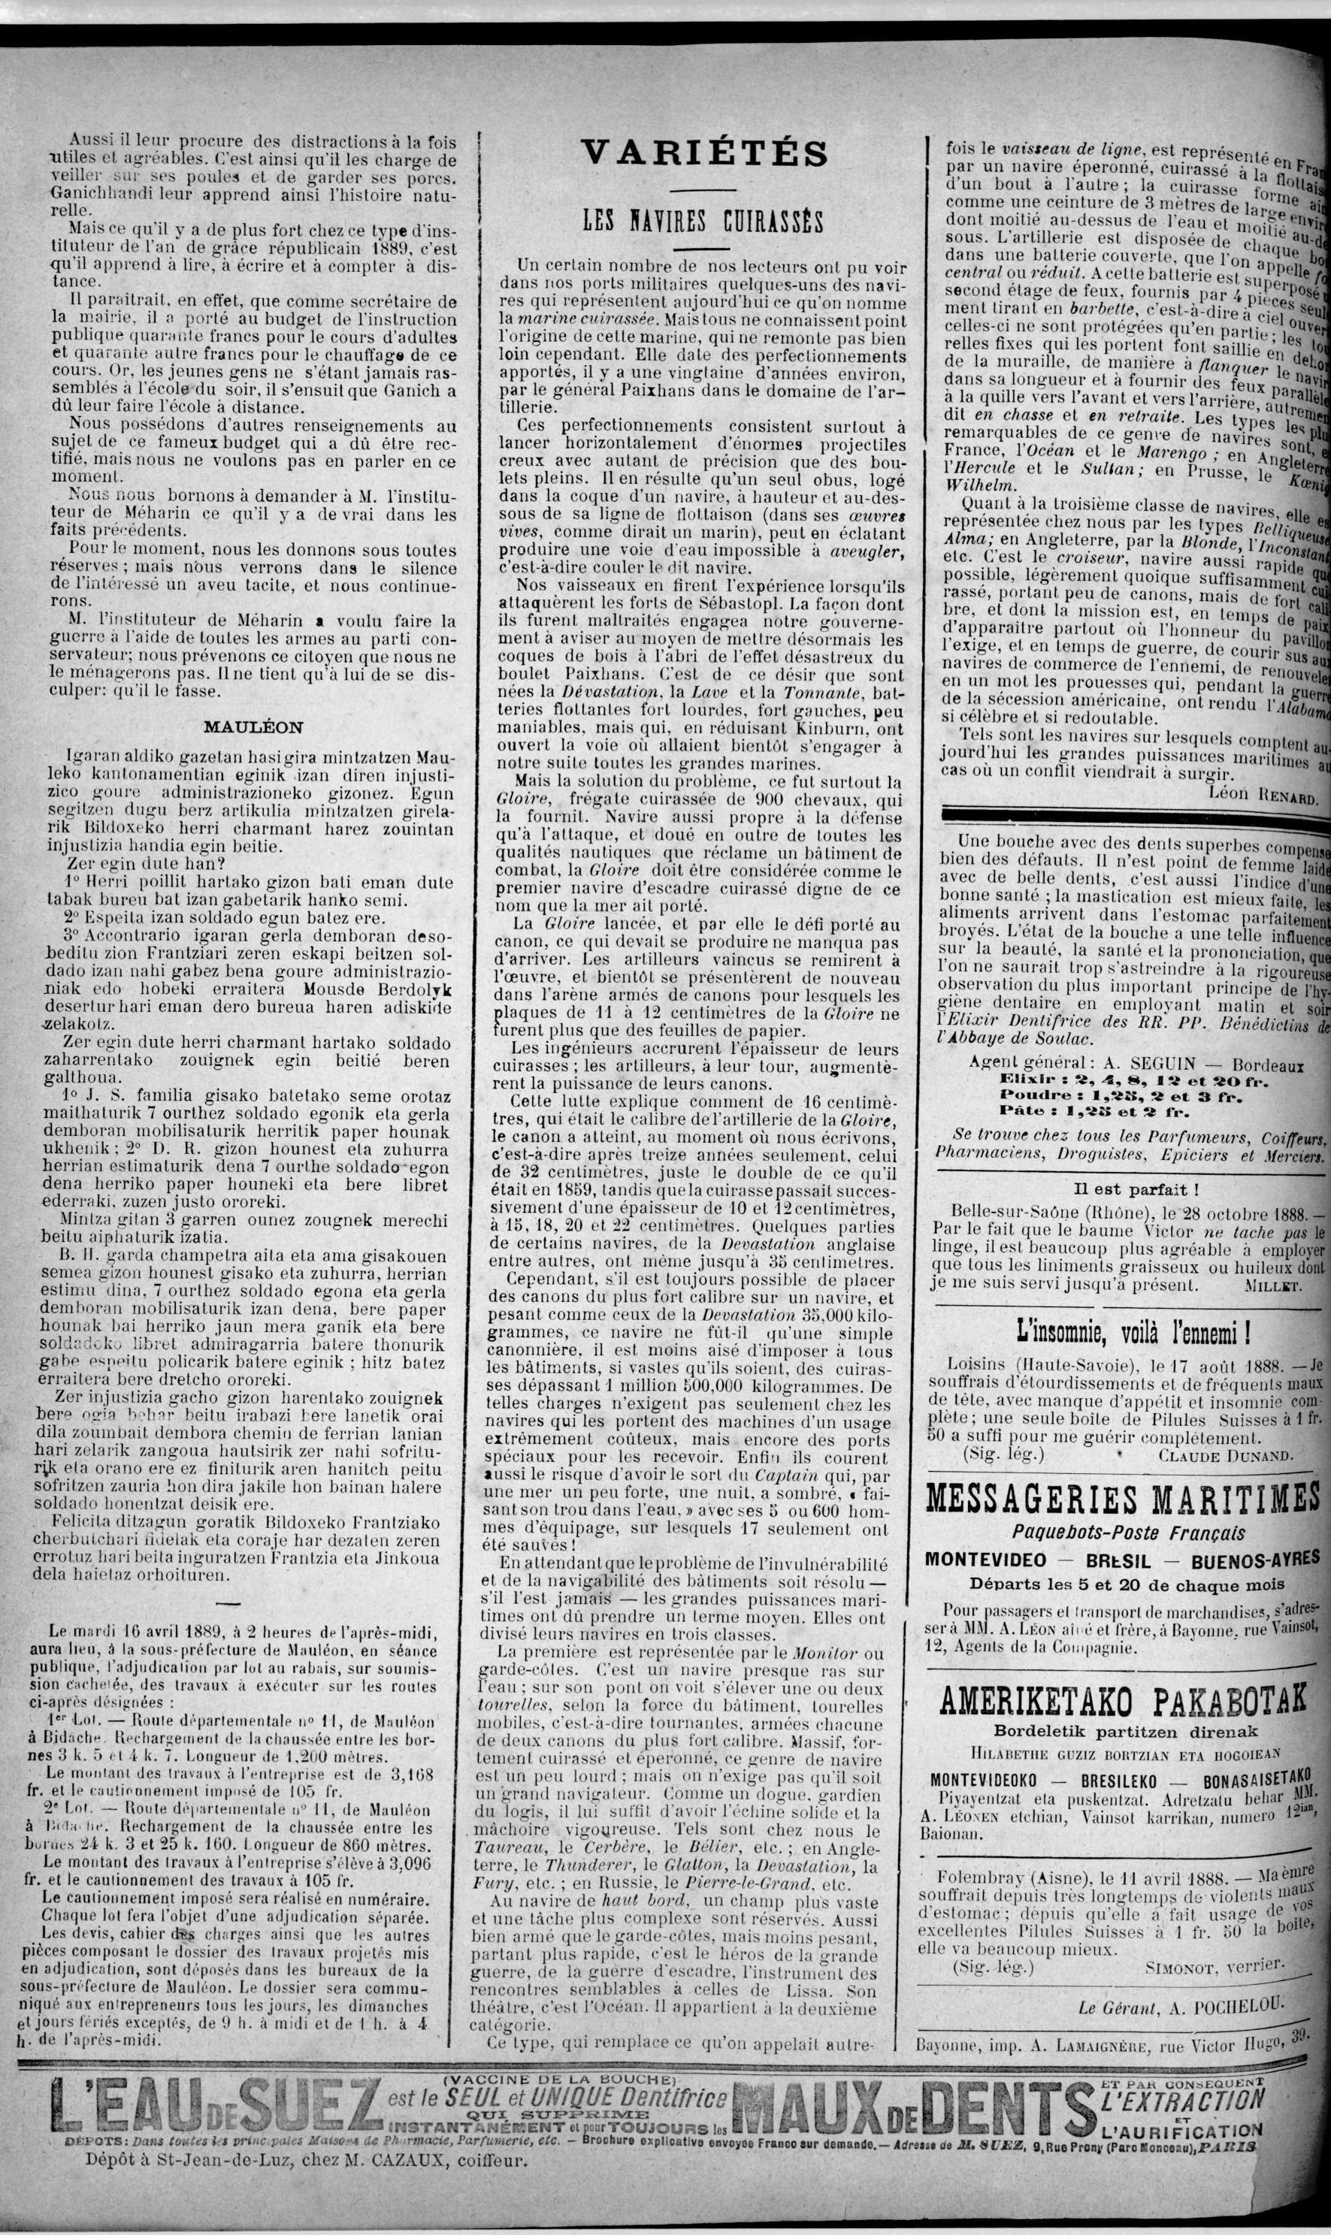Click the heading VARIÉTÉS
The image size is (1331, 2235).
pos(704,153)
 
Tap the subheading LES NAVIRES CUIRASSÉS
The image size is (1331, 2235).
pos(704,219)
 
